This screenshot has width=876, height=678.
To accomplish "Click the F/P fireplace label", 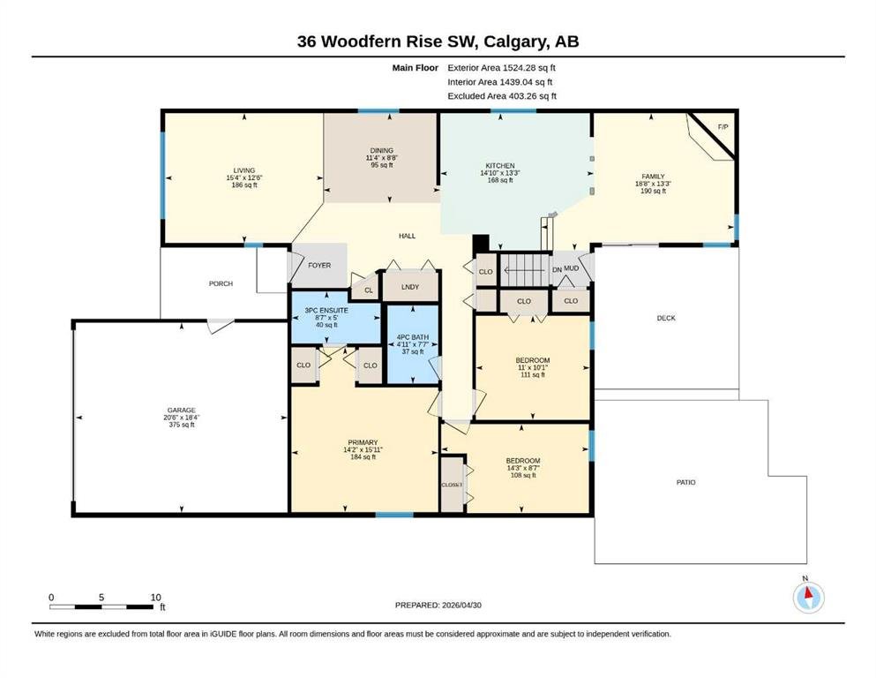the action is pyautogui.click(x=723, y=127).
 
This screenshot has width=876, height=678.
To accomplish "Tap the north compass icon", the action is pyautogui.click(x=808, y=597).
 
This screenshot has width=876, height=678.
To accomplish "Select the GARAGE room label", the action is pyautogui.click(x=182, y=410).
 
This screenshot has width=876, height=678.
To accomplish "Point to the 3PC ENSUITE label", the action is pyautogui.click(x=326, y=310).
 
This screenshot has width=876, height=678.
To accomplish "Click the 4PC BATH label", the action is pyautogui.click(x=413, y=337).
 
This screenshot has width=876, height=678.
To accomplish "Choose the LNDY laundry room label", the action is pyautogui.click(x=410, y=287).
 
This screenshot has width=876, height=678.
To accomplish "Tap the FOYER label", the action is pyautogui.click(x=319, y=266).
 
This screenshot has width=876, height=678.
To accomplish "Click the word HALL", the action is pyautogui.click(x=408, y=236).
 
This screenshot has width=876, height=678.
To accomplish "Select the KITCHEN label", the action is pyautogui.click(x=500, y=165).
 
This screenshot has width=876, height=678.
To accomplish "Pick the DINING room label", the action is pyautogui.click(x=382, y=150).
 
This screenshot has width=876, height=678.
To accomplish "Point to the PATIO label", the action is pyautogui.click(x=686, y=482).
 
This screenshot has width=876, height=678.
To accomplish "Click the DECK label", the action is pyautogui.click(x=666, y=318).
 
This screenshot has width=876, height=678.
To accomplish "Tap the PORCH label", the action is pyautogui.click(x=221, y=283).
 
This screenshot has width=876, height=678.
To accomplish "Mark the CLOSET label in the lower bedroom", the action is pyautogui.click(x=452, y=485).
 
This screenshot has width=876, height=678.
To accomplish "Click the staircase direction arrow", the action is pyautogui.click(x=524, y=270).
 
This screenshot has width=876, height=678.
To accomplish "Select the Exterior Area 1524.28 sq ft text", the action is pyautogui.click(x=501, y=68).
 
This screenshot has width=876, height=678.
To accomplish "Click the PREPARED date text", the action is pyautogui.click(x=438, y=605).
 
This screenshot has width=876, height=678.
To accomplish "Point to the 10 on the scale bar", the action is pyautogui.click(x=156, y=597).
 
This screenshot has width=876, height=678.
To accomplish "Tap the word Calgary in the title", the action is pyautogui.click(x=516, y=41).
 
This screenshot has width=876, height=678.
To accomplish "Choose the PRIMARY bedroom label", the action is pyautogui.click(x=363, y=442).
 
